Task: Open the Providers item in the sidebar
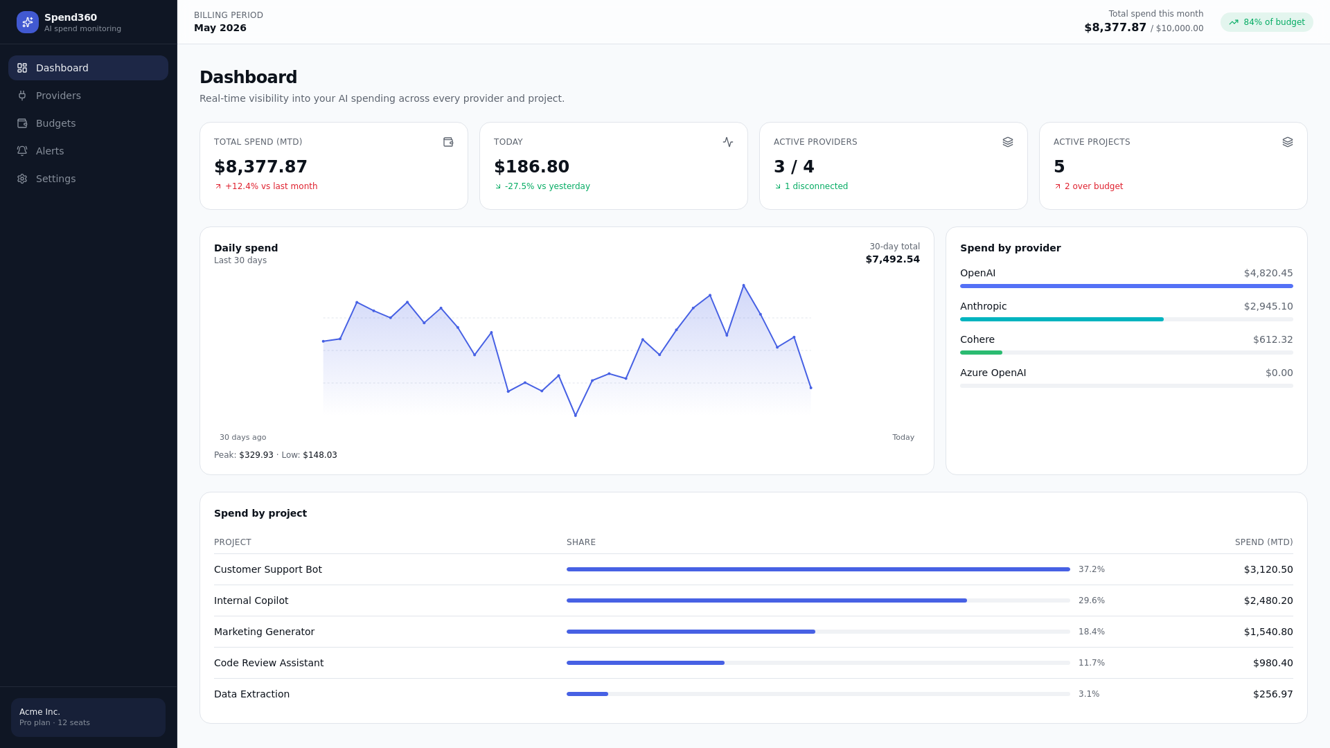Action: coord(58,96)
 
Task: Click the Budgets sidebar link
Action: coord(55,123)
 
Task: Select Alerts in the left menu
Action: coord(50,151)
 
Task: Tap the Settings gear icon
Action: coord(22,179)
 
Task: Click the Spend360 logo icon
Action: coord(28,22)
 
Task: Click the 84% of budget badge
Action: coord(1266,22)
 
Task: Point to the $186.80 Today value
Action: coord(531,167)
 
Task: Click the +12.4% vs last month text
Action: coord(271,186)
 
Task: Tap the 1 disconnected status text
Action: coord(816,186)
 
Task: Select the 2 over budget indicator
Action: coord(1094,186)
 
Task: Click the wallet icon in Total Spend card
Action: coord(448,142)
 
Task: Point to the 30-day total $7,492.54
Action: coord(892,259)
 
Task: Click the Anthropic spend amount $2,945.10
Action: coord(1268,306)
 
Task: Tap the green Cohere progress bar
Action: coord(981,353)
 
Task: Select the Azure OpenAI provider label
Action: coord(993,373)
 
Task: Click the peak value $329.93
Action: coord(256,455)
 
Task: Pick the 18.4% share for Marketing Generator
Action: coord(1092,632)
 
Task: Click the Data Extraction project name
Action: coord(251,694)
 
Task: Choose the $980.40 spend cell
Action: coord(1273,663)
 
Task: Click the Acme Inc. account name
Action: coord(39,712)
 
